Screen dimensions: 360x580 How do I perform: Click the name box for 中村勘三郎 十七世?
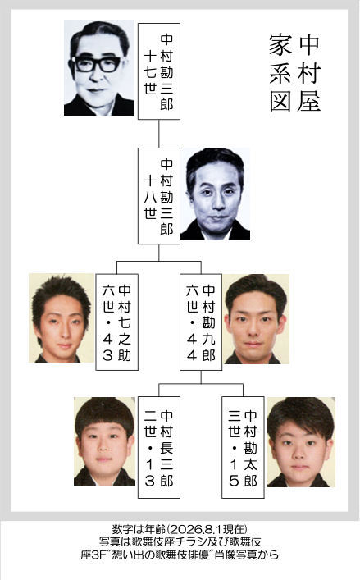tap(159, 71)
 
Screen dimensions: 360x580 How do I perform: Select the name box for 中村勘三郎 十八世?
tap(159, 196)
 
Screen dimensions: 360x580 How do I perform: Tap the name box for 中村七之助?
tap(116, 322)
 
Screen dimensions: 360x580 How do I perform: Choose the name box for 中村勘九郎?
tap(201, 322)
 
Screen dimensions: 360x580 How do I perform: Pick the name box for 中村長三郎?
tap(159, 448)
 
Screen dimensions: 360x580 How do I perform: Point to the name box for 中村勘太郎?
tap(243, 448)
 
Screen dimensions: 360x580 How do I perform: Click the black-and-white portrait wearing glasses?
tap(99, 68)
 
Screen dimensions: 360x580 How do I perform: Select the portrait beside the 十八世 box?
tap(215, 194)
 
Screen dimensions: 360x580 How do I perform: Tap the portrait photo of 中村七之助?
tap(62, 318)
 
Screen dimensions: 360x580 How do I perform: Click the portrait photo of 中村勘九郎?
tap(256, 319)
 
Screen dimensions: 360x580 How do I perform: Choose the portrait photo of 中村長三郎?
tap(106, 441)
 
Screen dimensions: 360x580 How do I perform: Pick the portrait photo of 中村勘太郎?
tap(301, 442)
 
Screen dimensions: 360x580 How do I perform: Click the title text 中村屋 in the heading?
tap(309, 72)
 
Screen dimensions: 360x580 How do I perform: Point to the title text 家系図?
tap(281, 72)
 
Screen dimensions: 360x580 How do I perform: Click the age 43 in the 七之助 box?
tap(107, 347)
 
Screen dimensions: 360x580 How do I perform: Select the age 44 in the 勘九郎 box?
tap(192, 347)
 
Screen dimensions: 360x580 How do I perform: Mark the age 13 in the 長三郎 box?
tap(150, 473)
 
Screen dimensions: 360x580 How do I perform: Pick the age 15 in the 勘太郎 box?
tap(234, 473)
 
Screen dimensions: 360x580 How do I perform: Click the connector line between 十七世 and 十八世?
tap(159, 134)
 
